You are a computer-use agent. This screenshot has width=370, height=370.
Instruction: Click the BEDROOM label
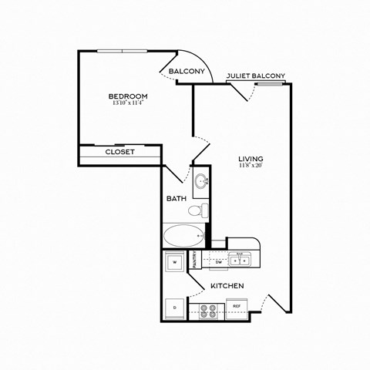(x=128, y=96)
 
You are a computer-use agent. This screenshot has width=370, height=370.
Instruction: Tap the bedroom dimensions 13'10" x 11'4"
(x=128, y=103)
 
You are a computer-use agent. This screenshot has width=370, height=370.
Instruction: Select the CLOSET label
(x=119, y=152)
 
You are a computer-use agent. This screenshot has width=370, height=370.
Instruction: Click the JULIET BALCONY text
(x=255, y=76)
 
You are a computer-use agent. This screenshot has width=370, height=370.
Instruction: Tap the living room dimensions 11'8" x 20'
(x=252, y=165)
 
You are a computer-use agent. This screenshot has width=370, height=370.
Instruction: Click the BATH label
(x=177, y=199)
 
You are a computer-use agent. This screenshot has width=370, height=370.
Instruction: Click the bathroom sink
(x=201, y=182)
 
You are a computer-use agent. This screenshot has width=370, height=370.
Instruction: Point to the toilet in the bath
(x=197, y=210)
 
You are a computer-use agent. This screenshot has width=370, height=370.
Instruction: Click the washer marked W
(x=175, y=263)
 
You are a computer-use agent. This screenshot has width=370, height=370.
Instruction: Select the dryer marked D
(x=173, y=307)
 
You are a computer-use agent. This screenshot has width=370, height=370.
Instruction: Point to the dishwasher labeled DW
(x=219, y=262)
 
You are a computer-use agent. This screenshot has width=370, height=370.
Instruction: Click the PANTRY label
(x=195, y=260)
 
